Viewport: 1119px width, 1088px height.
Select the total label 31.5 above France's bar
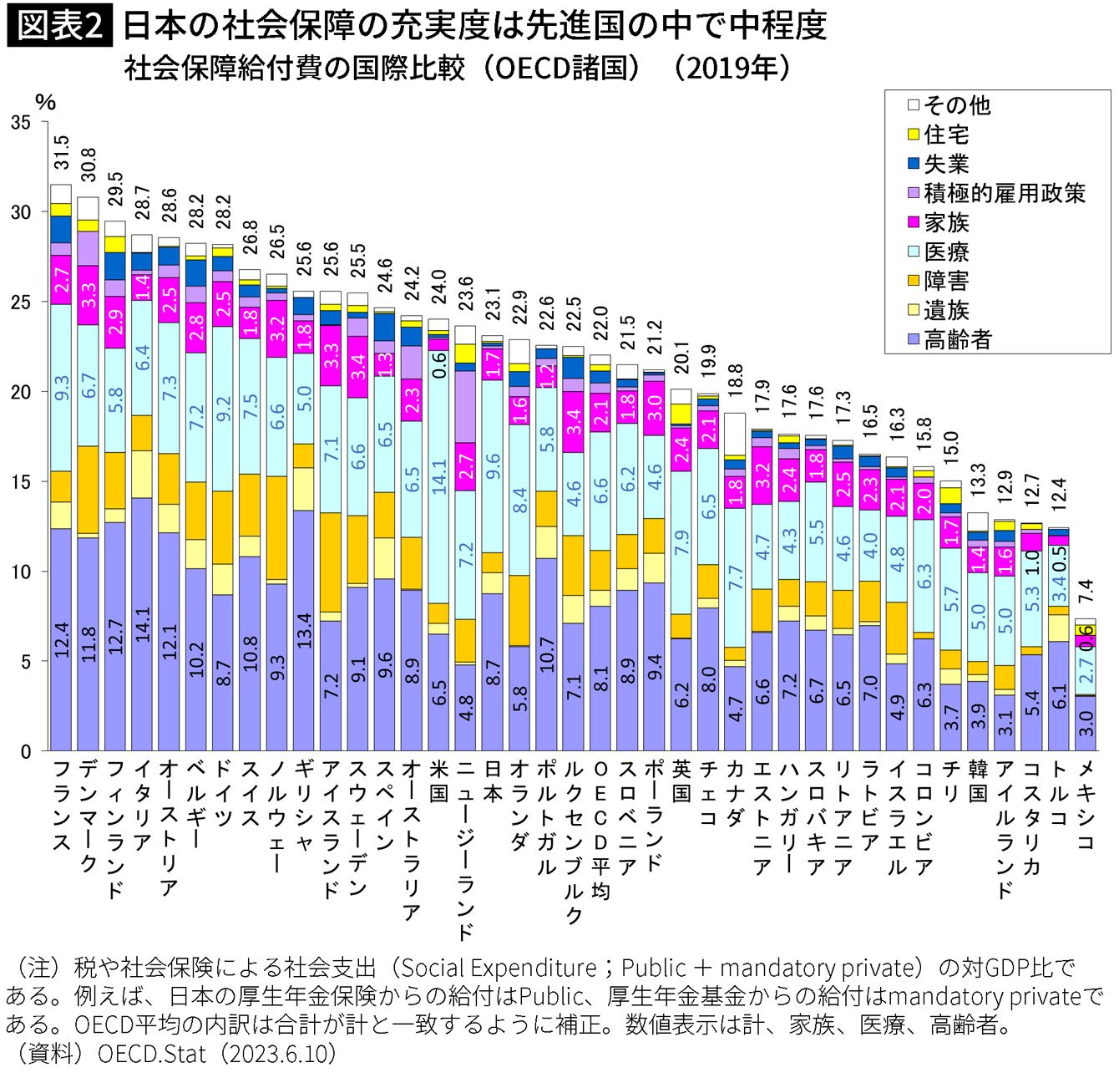tap(62, 154)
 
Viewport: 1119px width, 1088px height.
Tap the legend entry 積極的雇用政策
tap(1004, 193)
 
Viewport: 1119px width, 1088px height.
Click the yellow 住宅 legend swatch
tap(914, 135)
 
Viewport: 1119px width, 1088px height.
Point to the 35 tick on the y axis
tap(21, 123)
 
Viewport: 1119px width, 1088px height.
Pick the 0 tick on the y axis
tap(25, 750)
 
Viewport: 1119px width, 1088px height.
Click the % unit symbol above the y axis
tap(46, 102)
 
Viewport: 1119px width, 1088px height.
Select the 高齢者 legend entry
tap(958, 339)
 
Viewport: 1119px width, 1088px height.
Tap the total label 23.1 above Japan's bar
tap(493, 305)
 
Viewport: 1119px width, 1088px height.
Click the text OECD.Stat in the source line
tap(151, 1054)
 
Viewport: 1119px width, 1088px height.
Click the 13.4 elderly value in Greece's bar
tap(305, 631)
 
